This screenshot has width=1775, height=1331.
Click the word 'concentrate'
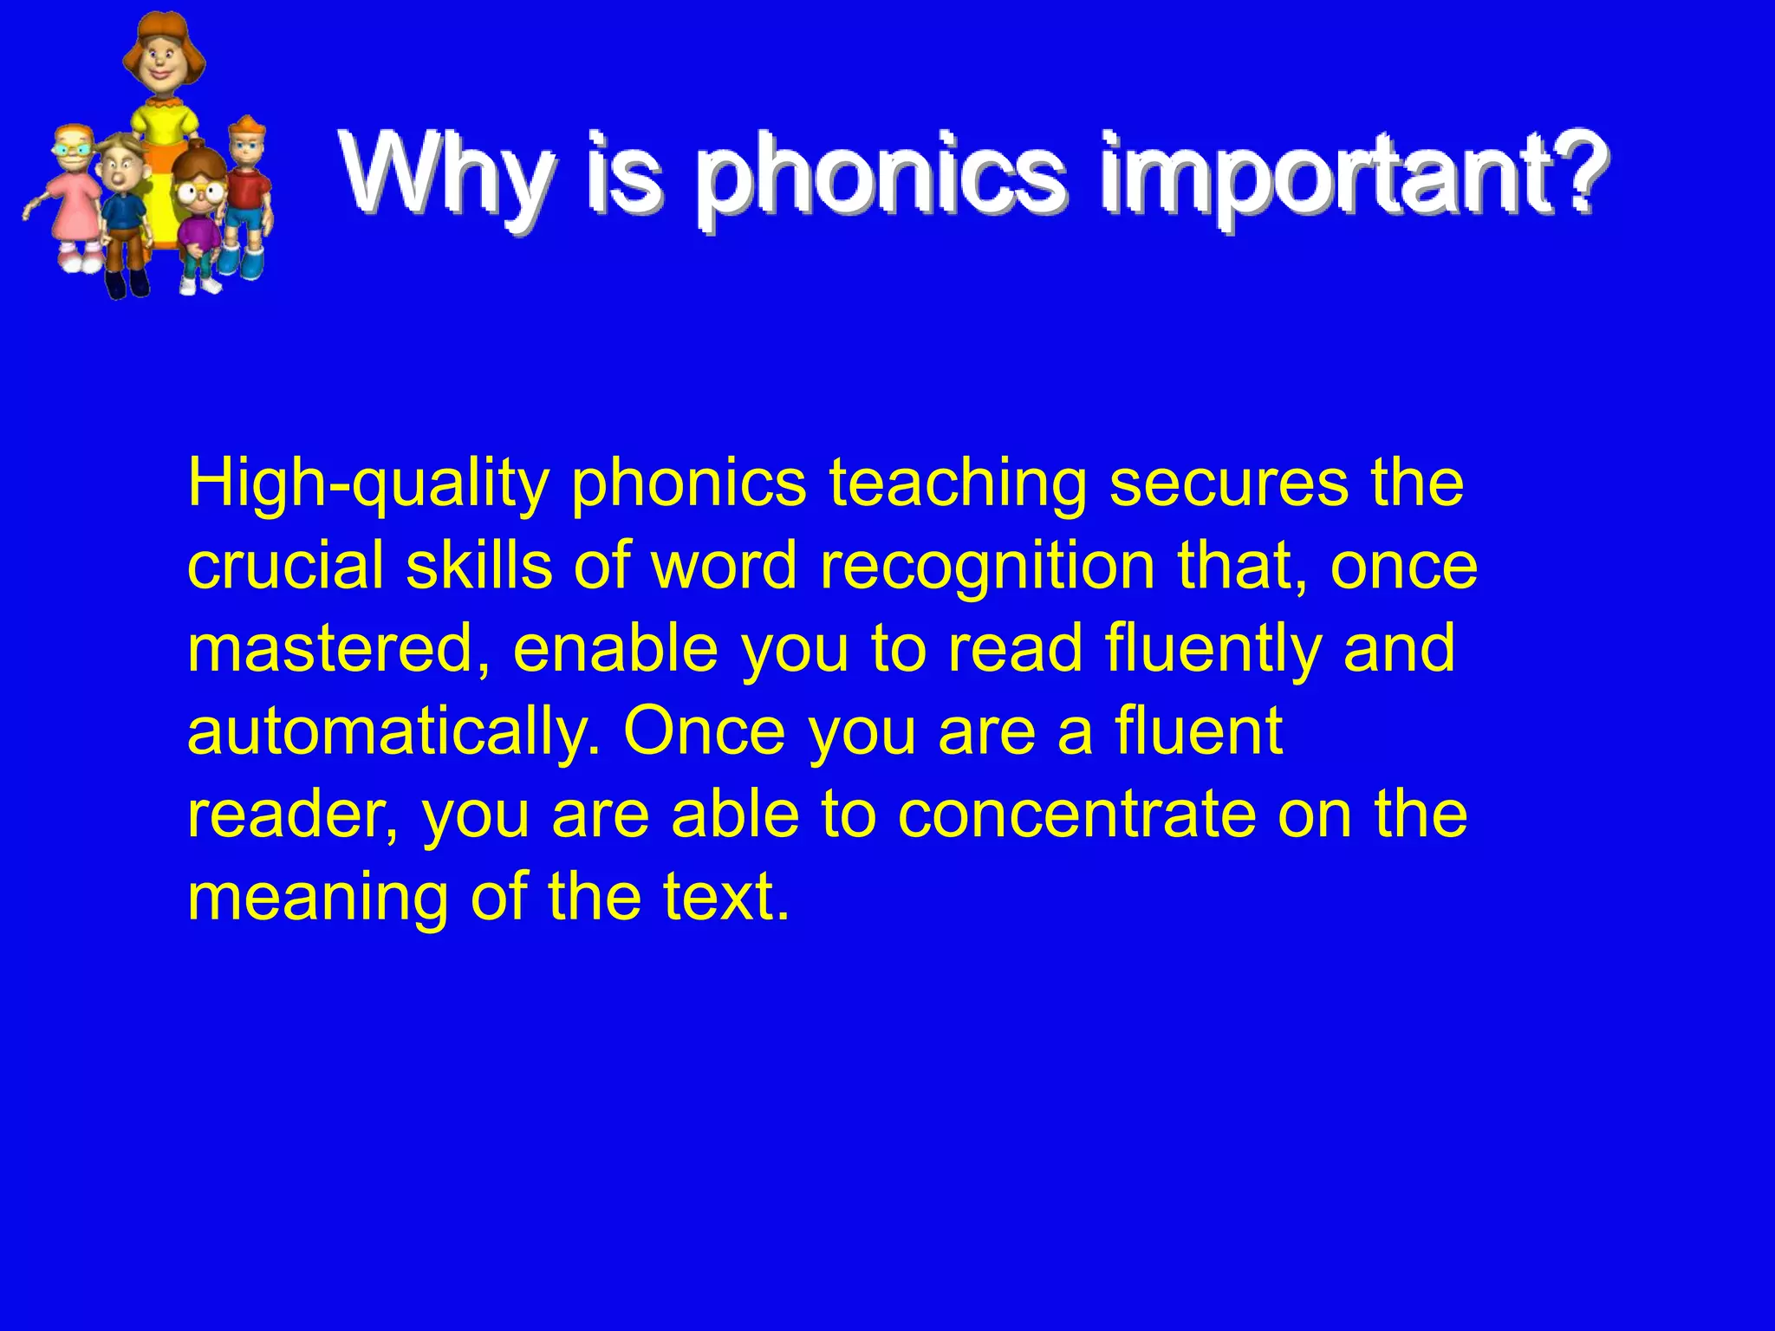(x=1076, y=815)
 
